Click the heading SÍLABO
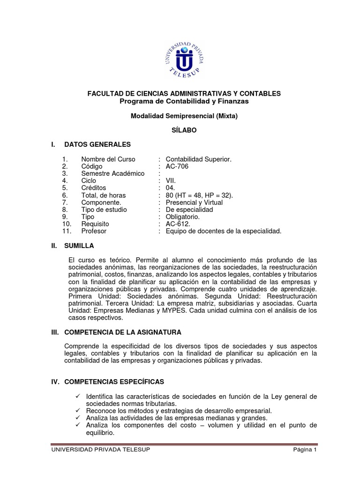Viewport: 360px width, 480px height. coord(184,130)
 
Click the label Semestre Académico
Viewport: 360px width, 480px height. coord(113,173)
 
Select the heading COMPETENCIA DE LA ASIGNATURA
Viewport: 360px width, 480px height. coord(122,332)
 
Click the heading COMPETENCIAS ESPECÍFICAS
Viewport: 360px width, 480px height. coord(114,382)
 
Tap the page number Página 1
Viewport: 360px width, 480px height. coord(305,450)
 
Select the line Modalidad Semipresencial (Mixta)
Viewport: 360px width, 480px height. coord(184,116)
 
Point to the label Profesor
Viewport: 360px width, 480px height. coord(94,231)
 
